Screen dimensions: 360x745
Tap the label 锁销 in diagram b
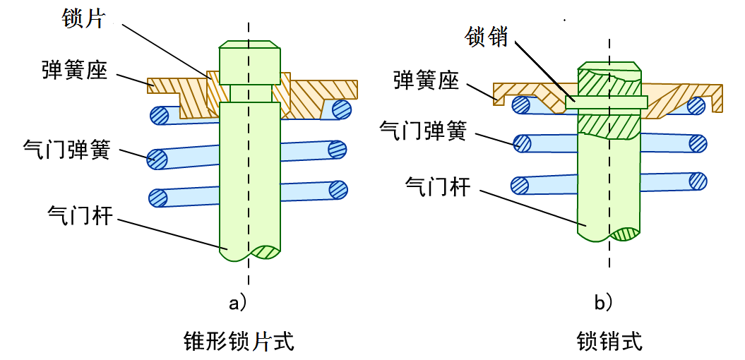tap(487, 37)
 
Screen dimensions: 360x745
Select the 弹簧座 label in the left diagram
tap(74, 71)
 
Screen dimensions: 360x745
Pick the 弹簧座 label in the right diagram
tap(426, 80)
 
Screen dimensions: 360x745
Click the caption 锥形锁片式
tap(238, 342)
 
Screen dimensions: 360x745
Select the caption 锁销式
tap(609, 342)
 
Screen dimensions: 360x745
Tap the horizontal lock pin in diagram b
tap(607, 102)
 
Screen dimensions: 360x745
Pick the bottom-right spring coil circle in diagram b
tap(699, 180)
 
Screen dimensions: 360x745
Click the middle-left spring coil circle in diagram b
tap(522, 143)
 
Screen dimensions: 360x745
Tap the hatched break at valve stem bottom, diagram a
tap(266, 252)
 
